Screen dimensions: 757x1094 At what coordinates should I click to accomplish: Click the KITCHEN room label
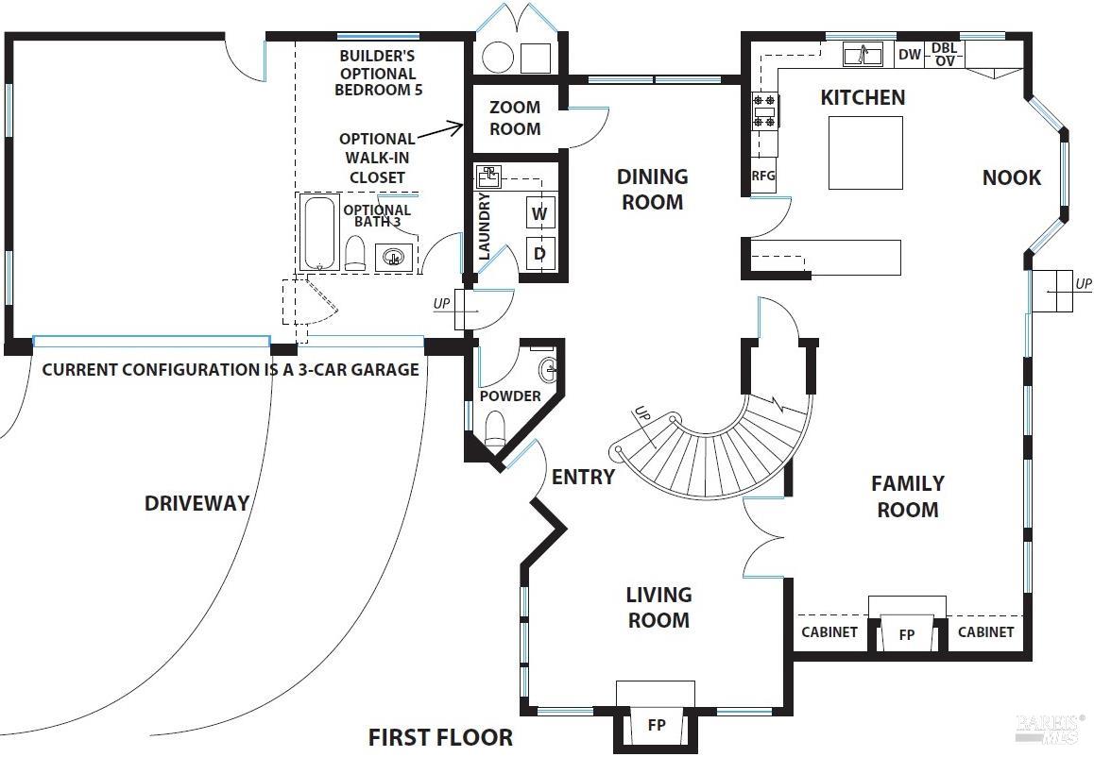pos(862,97)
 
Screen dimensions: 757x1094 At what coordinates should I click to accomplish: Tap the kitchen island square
pos(865,153)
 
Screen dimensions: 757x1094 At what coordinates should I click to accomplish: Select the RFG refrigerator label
pos(763,176)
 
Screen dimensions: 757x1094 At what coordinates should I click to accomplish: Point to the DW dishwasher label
pos(909,55)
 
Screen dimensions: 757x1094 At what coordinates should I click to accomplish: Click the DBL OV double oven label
pos(944,55)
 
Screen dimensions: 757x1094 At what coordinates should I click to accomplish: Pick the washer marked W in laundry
pos(539,213)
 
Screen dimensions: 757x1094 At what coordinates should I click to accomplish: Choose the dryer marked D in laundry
pos(539,253)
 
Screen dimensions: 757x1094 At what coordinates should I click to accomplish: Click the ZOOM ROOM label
pos(515,119)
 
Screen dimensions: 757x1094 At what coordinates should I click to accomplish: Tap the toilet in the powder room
pos(495,430)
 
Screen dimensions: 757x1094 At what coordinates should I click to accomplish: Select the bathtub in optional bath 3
pos(319,232)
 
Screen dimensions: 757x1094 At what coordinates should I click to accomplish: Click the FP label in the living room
pos(656,726)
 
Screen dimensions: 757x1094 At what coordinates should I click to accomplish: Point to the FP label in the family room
pos(907,634)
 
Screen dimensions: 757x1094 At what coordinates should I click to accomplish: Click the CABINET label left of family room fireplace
pos(829,632)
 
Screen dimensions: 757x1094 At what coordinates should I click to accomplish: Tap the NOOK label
pos(1011,177)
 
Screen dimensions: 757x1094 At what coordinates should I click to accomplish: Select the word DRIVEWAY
pos(197,503)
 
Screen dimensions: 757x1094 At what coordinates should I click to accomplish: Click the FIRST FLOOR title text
pos(440,737)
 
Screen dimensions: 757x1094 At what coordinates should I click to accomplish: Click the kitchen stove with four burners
pos(764,111)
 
